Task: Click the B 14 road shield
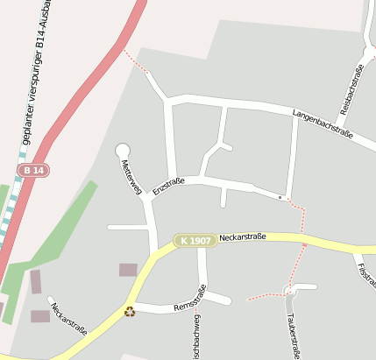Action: click(x=34, y=169)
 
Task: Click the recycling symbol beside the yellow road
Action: click(x=130, y=310)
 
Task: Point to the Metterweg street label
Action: click(x=131, y=176)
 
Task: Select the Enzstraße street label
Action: click(x=168, y=186)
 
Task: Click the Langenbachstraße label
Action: click(x=322, y=124)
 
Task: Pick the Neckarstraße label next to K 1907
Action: click(x=243, y=236)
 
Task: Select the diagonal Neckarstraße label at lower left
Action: click(x=68, y=320)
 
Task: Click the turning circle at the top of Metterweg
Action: click(x=123, y=151)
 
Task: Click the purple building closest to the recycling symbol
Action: click(x=128, y=270)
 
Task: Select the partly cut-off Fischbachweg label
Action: click(x=197, y=338)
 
